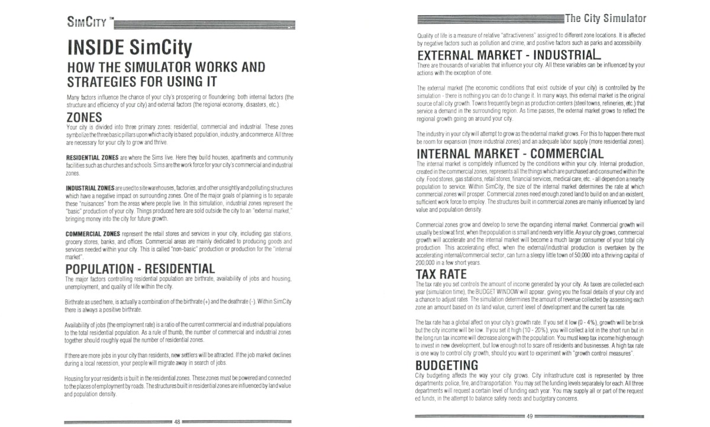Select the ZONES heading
[85, 117]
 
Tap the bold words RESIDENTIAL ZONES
[92, 158]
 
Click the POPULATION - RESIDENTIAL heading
[140, 269]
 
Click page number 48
[177, 422]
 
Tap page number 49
[530, 417]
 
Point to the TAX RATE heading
[441, 274]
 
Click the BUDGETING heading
[447, 365]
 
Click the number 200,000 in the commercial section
[427, 262]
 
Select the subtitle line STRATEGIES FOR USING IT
[140, 81]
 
